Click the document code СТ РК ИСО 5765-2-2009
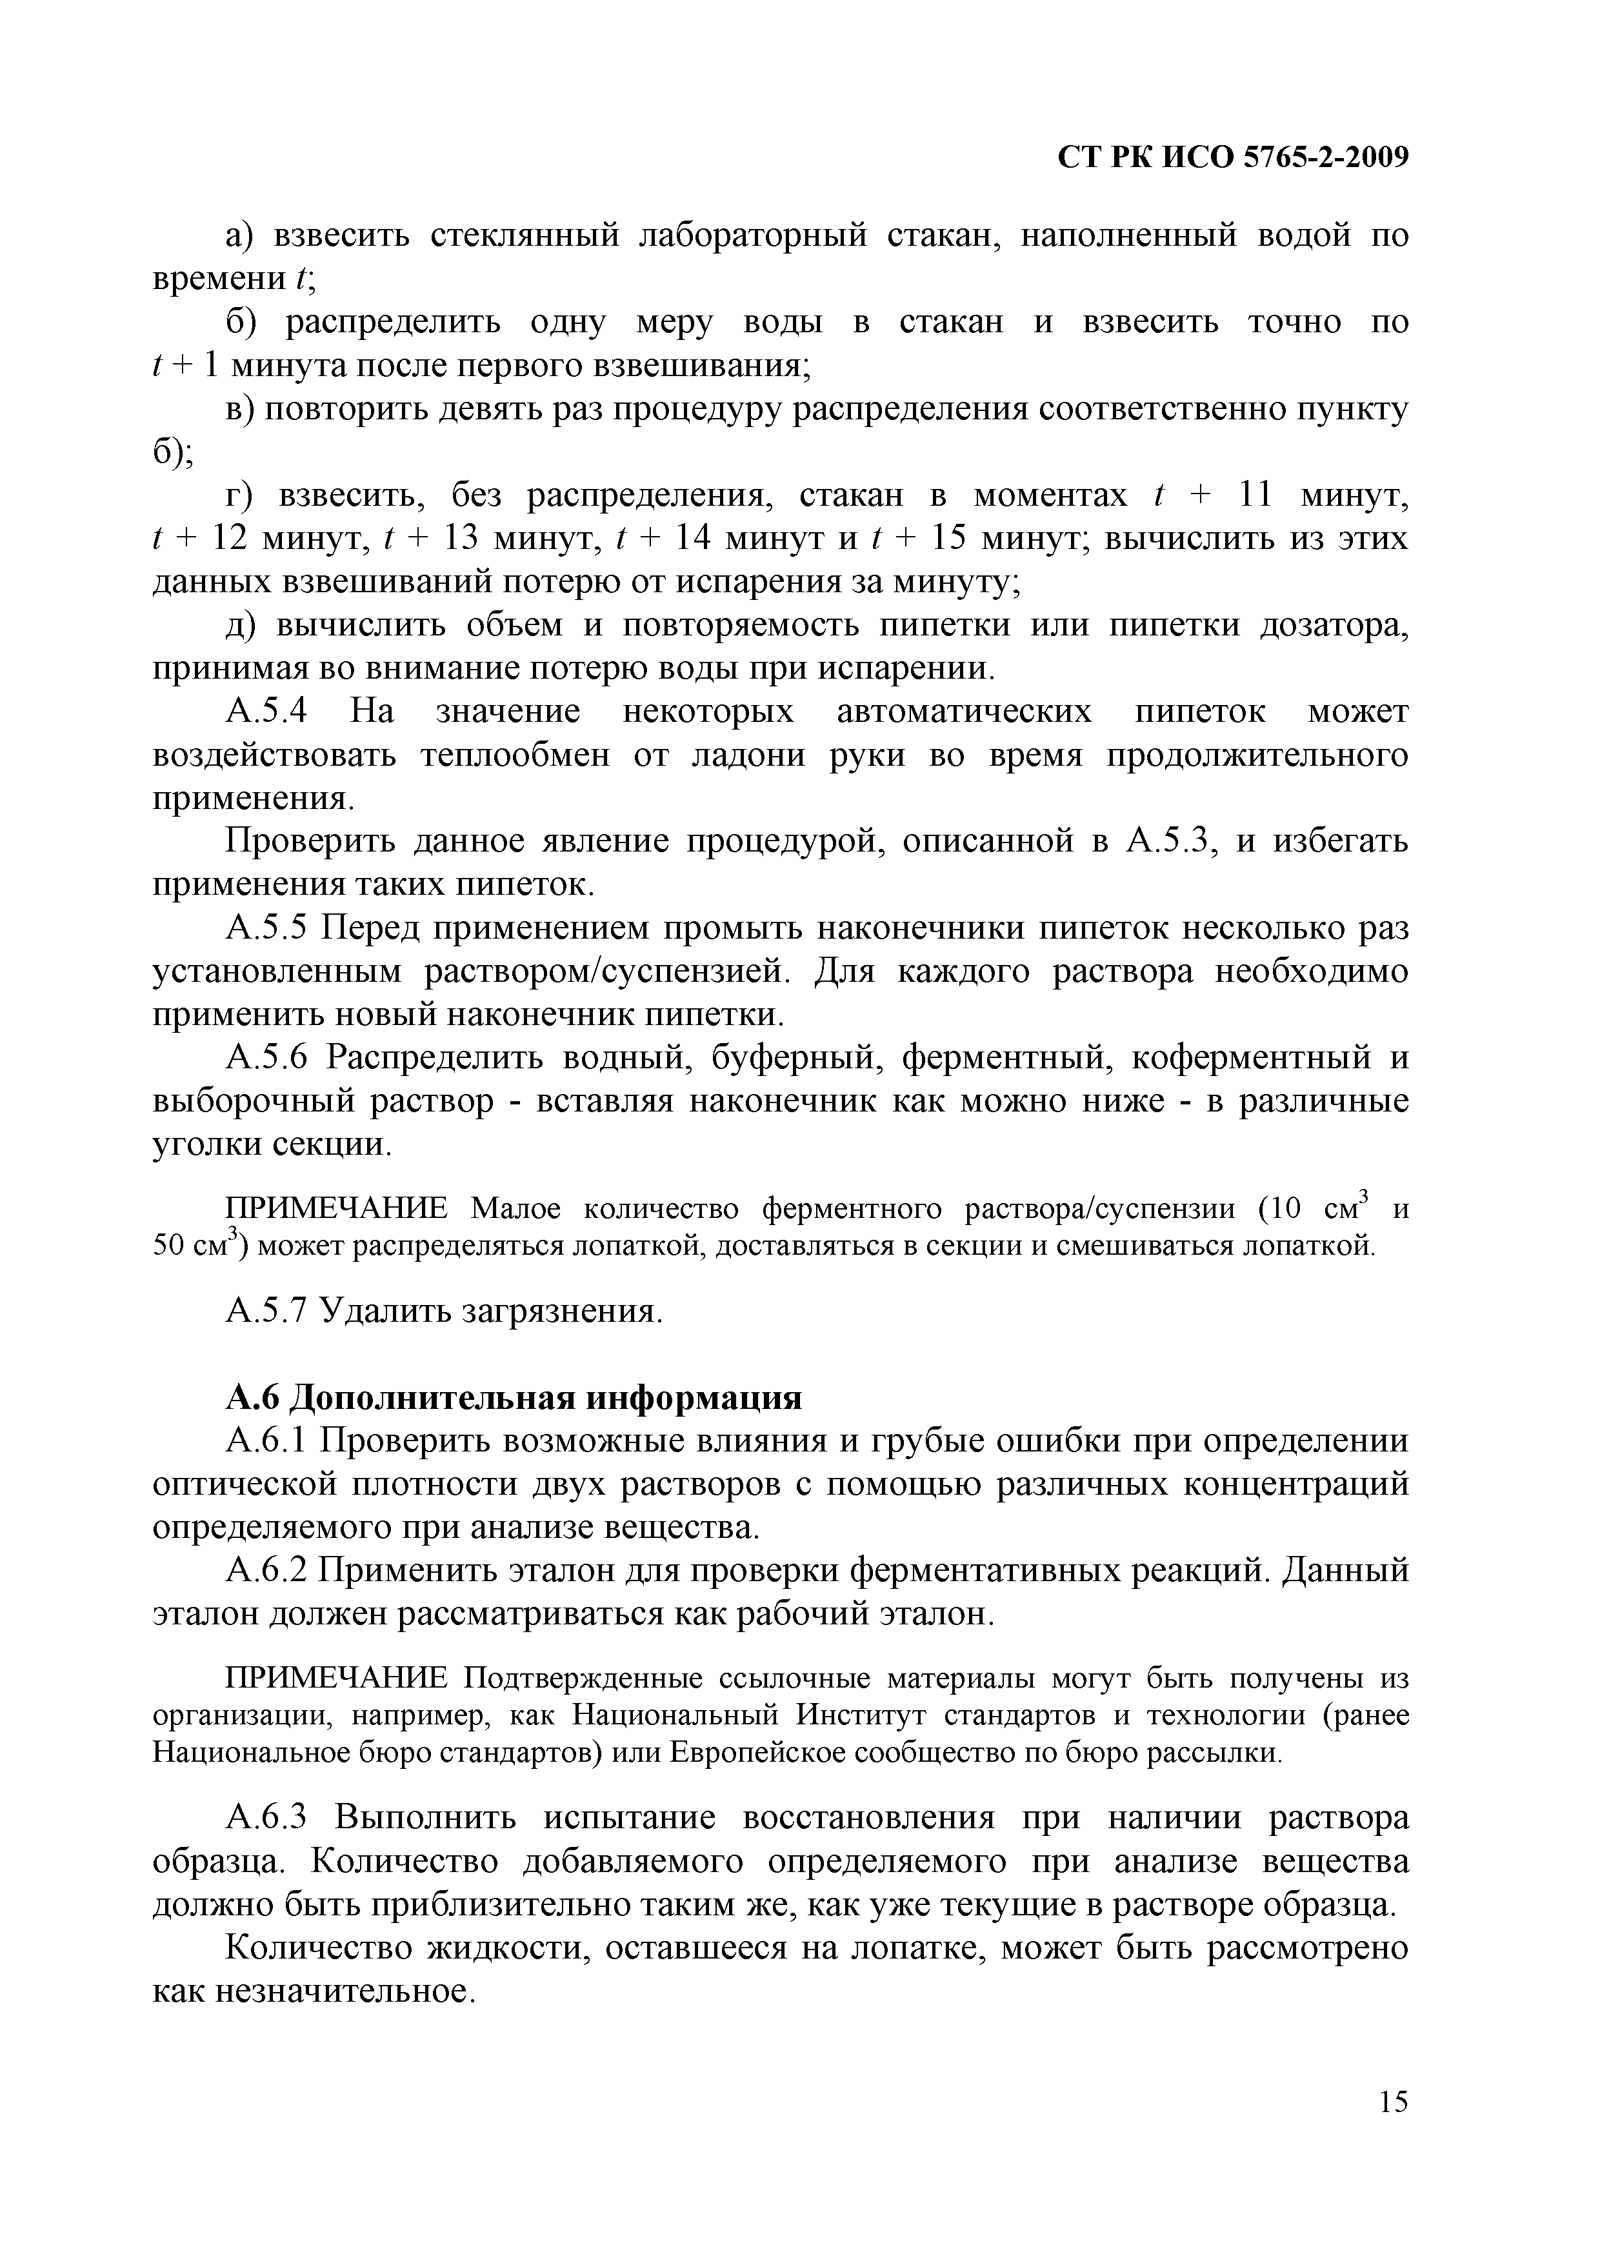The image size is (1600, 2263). (1232, 157)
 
